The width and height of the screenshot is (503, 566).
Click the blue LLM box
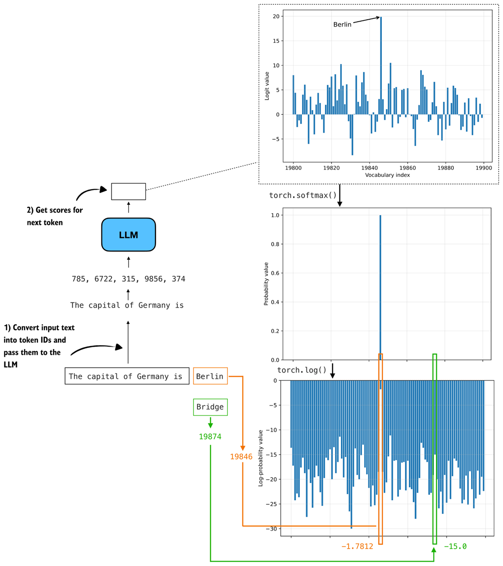(x=128, y=235)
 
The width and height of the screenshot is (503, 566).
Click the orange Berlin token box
(x=210, y=377)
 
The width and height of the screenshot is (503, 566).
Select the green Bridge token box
(x=210, y=407)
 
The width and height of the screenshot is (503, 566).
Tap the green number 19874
(x=210, y=437)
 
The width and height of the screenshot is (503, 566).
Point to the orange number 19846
(x=241, y=457)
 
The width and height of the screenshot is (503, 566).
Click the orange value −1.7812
(x=357, y=547)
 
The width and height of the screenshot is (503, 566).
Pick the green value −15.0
(x=455, y=547)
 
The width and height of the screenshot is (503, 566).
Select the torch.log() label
(x=302, y=370)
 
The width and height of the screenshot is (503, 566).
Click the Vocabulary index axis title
(x=388, y=175)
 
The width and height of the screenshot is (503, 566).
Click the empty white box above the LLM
(x=128, y=191)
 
